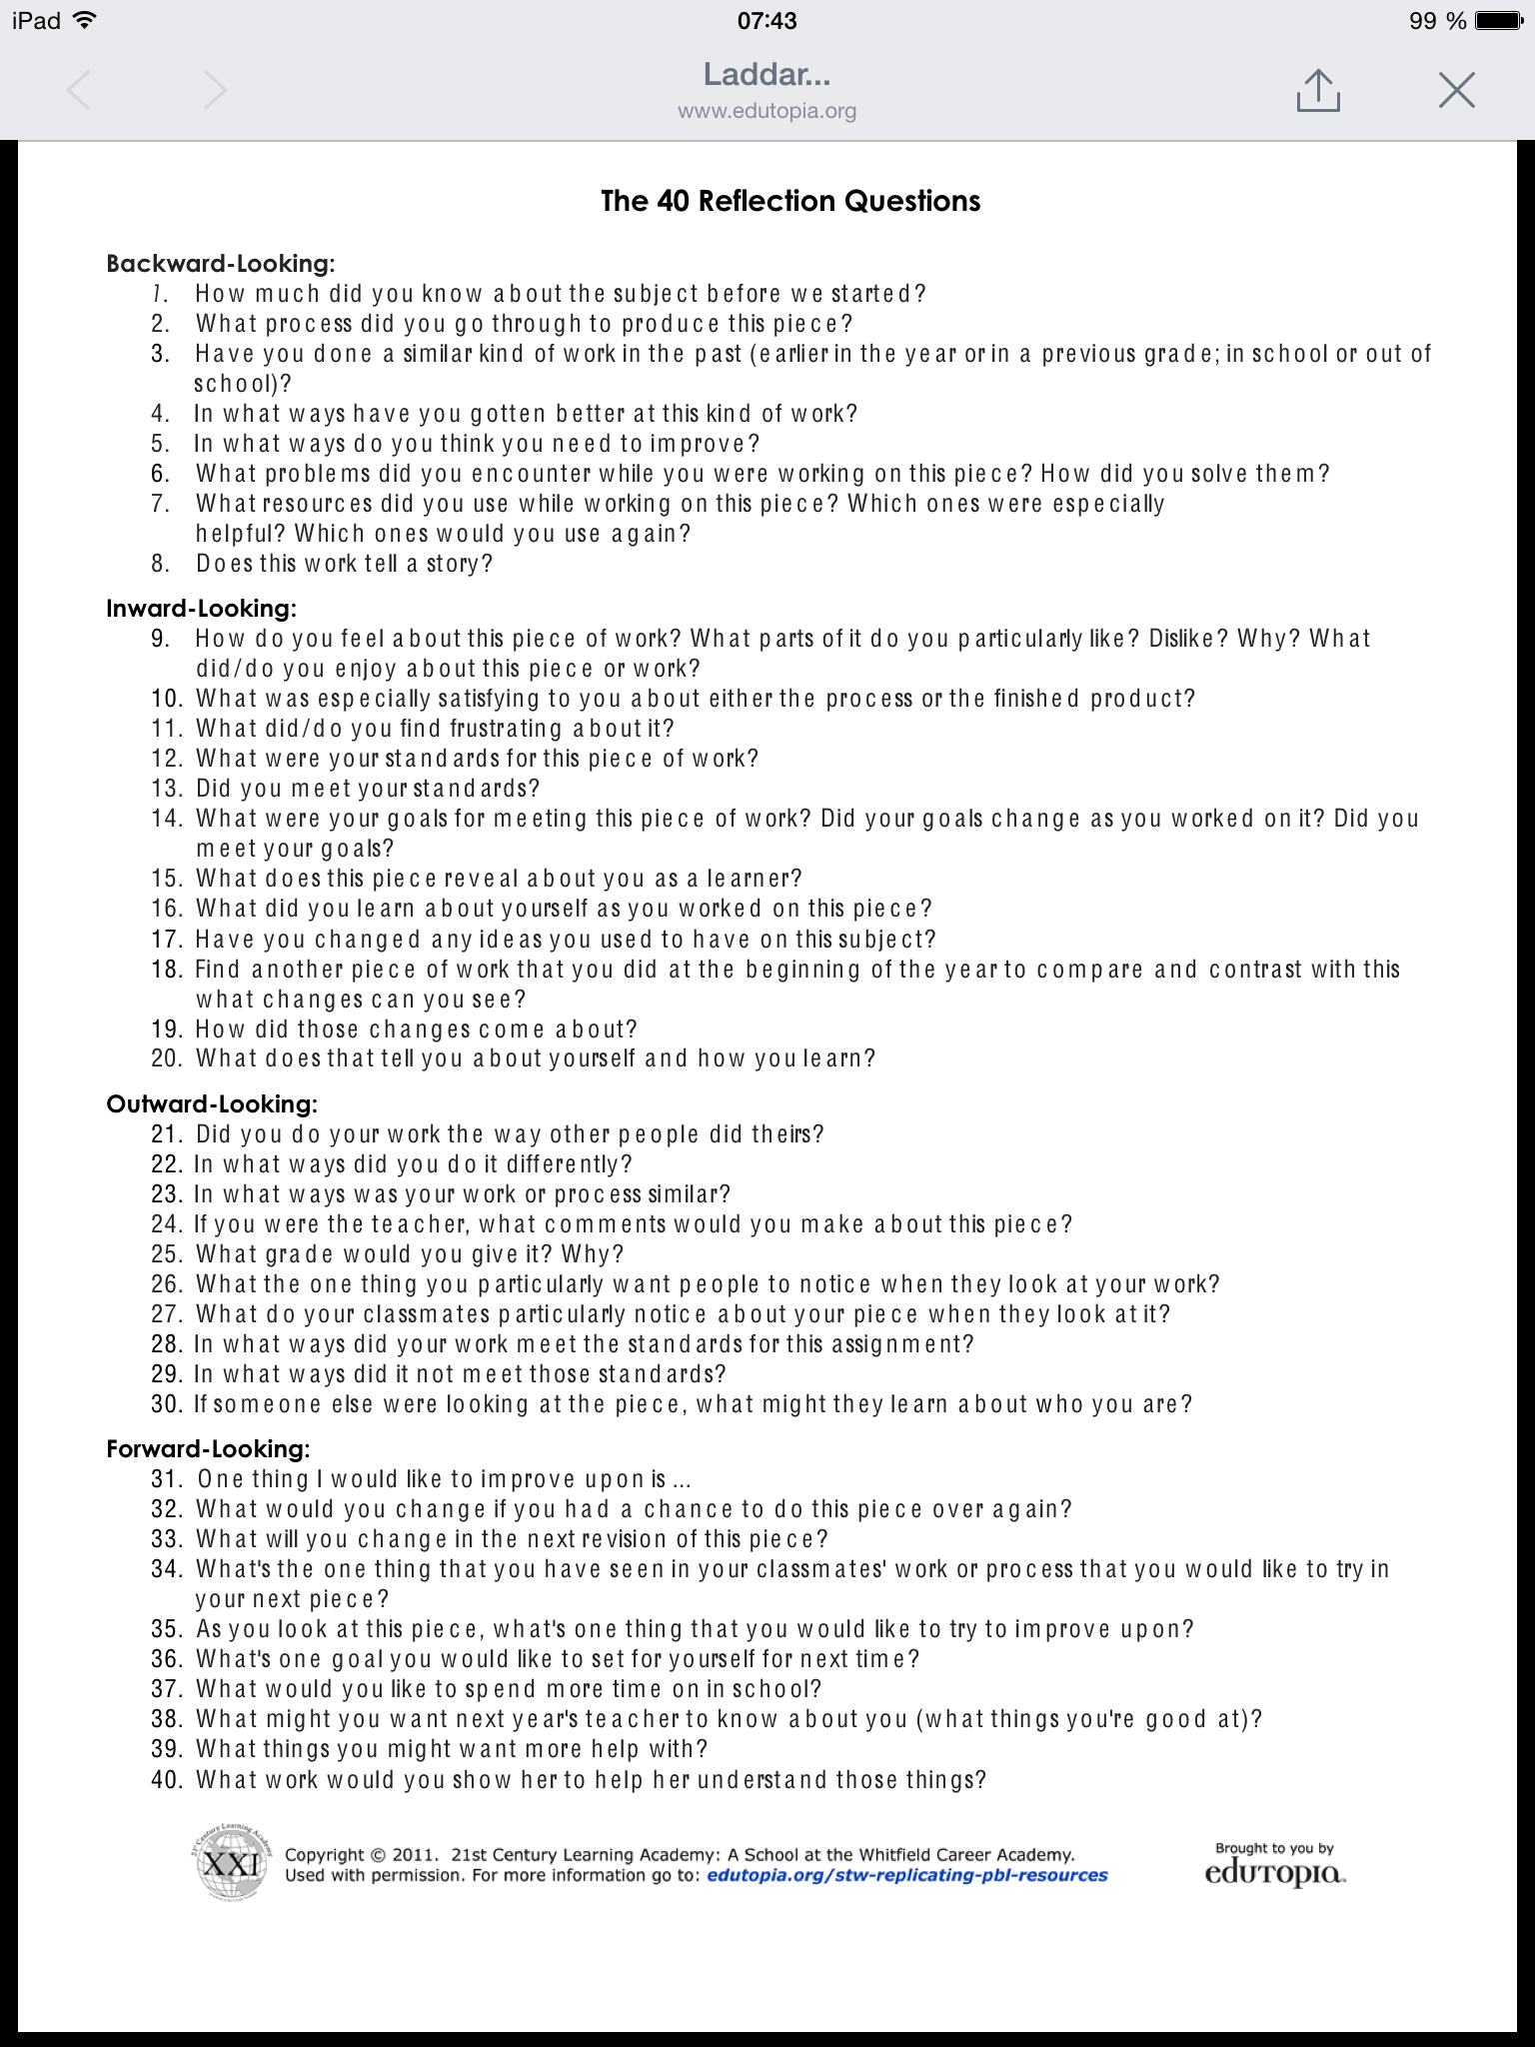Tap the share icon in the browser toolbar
click(1317, 91)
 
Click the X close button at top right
click(1456, 90)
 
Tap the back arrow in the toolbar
click(79, 91)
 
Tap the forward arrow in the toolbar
click(214, 91)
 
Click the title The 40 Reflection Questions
click(789, 201)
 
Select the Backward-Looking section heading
click(220, 264)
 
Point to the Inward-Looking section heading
click(201, 609)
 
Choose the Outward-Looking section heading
click(212, 1104)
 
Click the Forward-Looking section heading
click(208, 1449)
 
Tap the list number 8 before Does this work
click(160, 564)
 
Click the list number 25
click(166, 1254)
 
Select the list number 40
click(166, 1780)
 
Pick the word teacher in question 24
click(418, 1224)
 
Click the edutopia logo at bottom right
click(1274, 1872)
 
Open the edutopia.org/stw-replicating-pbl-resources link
click(906, 1875)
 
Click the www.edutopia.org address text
click(767, 111)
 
